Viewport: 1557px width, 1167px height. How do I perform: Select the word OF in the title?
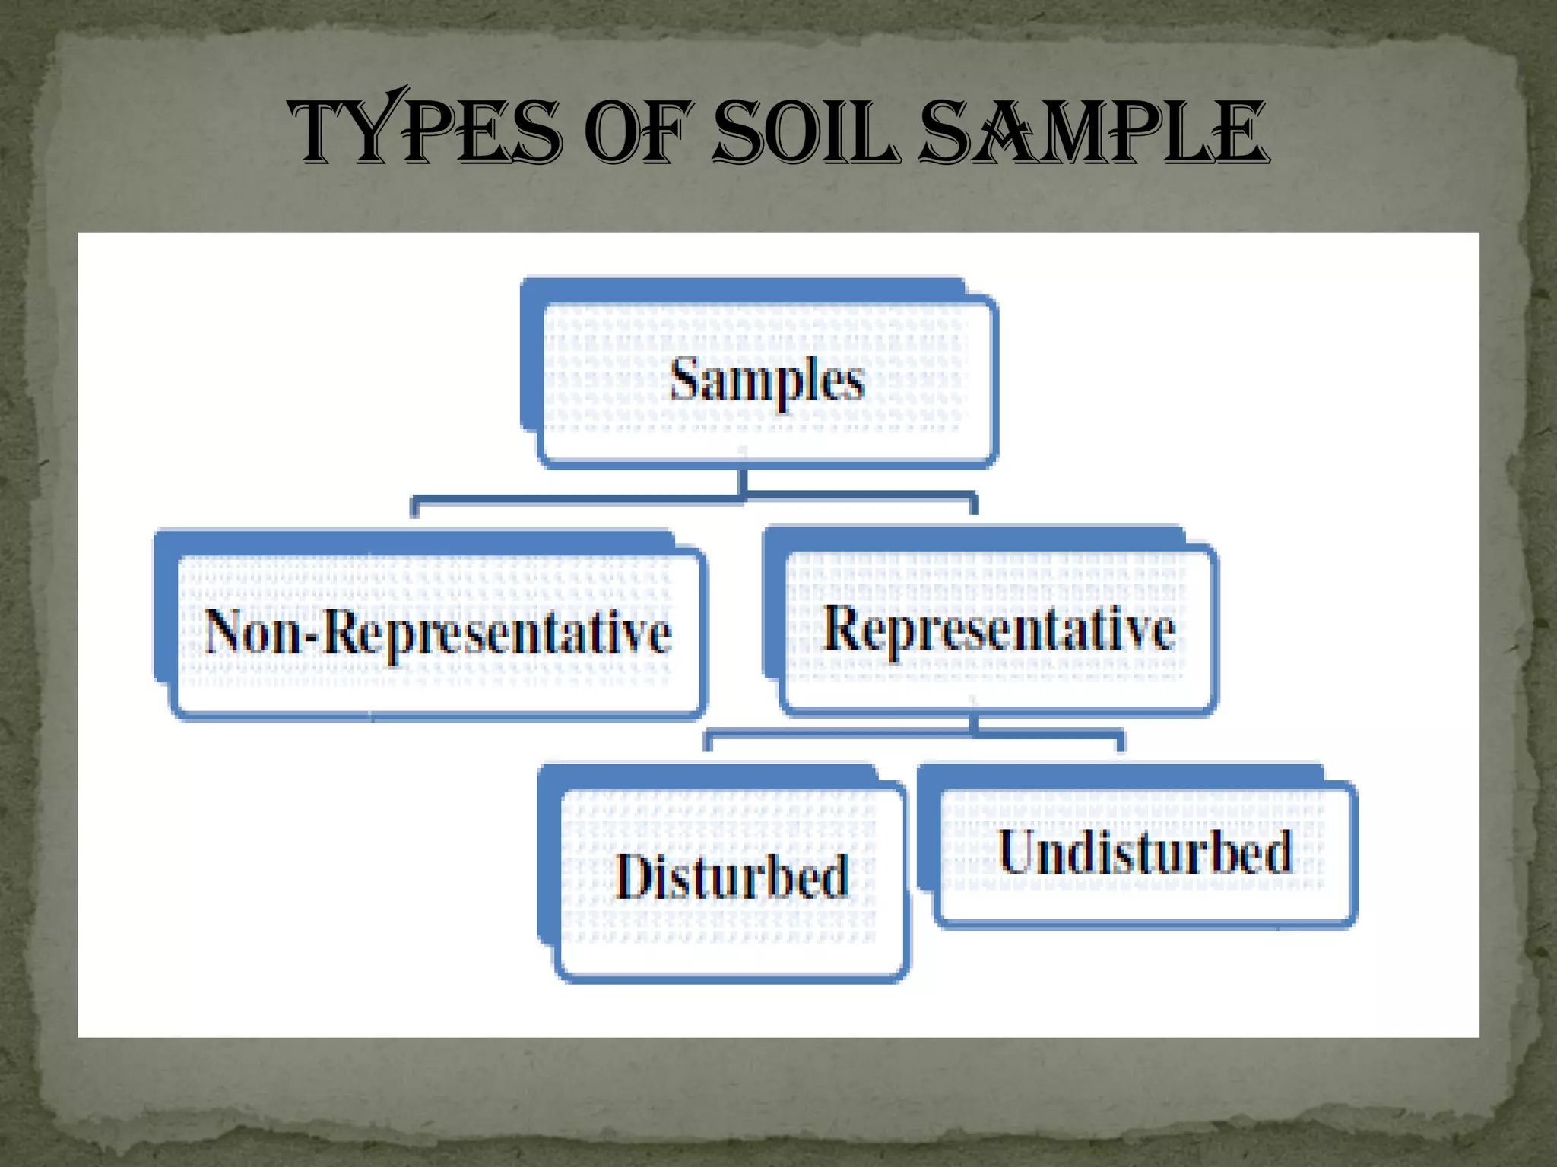click(x=642, y=134)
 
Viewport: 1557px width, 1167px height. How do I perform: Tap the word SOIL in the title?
click(x=806, y=134)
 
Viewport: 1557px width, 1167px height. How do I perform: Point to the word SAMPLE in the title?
click(x=1093, y=134)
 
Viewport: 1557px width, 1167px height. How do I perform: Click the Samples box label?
click(x=766, y=380)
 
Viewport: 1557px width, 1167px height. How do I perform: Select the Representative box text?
click(x=999, y=629)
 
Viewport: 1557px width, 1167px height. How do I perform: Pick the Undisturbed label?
click(x=1144, y=852)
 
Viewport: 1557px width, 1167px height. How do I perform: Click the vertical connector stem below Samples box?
click(x=743, y=480)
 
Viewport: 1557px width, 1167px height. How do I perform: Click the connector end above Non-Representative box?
click(x=414, y=508)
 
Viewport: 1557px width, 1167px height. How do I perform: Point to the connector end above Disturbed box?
click(x=708, y=742)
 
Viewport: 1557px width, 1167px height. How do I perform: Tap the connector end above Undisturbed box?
click(x=1120, y=742)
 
